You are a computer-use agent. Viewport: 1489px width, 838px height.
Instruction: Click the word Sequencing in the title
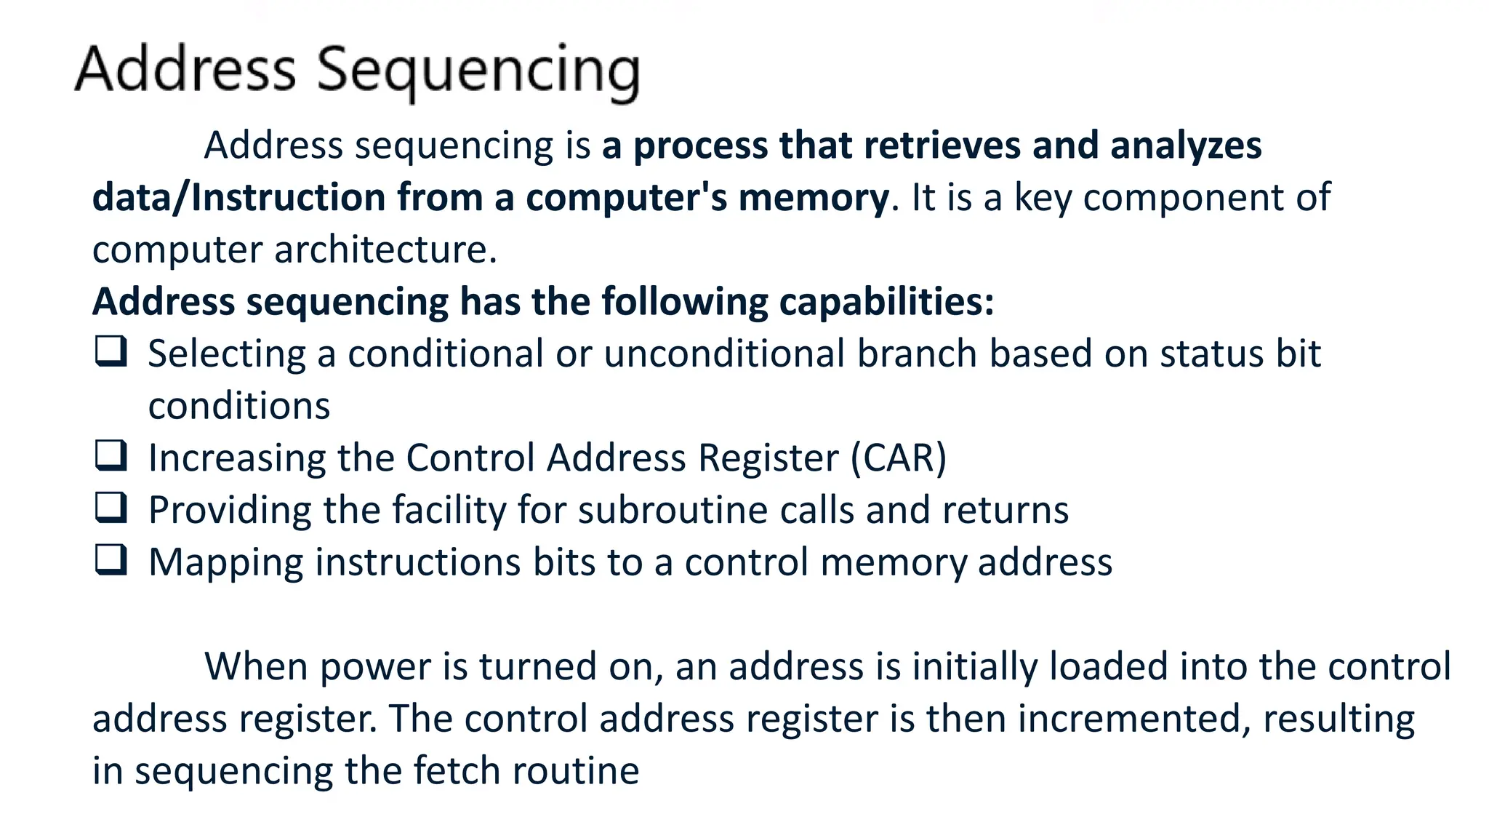478,71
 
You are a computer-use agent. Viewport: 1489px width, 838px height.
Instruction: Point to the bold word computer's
625,197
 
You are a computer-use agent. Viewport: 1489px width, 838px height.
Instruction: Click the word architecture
385,250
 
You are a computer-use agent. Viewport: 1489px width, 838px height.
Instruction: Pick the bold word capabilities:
886,301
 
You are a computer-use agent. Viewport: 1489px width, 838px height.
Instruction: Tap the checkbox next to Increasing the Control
111,455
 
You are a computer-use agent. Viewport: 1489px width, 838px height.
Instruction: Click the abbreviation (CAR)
898,458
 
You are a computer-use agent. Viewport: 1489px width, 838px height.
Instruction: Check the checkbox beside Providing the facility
111,508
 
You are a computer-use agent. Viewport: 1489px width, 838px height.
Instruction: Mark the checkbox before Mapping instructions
111,560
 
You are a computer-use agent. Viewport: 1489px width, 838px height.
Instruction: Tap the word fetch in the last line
457,770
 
